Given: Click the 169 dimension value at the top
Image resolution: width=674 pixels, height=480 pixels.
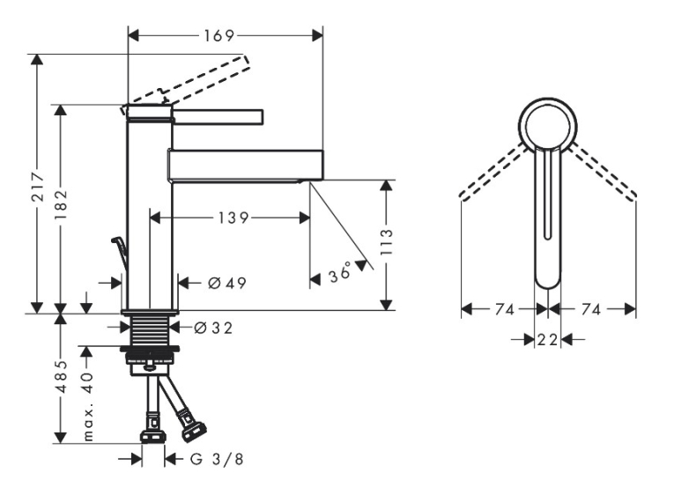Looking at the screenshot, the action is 218,35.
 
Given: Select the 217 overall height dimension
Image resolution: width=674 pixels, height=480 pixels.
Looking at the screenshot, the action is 38,187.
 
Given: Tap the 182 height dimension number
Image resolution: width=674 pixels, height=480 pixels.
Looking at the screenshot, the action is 61,204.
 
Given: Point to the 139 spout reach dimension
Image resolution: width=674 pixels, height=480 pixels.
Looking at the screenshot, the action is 233,218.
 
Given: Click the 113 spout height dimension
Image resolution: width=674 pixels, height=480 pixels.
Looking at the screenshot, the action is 387,241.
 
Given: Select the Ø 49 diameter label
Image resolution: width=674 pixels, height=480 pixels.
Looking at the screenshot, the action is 227,284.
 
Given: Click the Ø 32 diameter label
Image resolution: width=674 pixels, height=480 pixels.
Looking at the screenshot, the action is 213,328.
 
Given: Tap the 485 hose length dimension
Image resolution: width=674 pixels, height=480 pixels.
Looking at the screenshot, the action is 62,376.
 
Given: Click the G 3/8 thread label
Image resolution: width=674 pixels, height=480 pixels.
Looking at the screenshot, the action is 217,460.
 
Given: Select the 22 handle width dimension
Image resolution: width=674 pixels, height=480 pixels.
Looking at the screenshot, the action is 547,340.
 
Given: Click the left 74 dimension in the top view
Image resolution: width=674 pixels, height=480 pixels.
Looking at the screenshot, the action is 504,309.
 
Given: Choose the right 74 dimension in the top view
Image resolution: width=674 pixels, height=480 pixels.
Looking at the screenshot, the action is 590,309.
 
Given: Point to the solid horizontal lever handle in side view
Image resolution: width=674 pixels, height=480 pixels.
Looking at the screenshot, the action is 217,117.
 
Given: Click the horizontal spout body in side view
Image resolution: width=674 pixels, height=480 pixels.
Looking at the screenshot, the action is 245,165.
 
